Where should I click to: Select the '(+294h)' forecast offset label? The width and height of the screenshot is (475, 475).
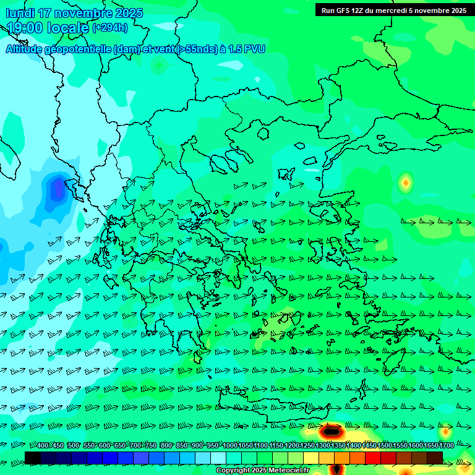[110, 28]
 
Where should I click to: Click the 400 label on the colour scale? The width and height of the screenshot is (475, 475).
[43, 446]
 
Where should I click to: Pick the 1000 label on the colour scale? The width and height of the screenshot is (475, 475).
[230, 446]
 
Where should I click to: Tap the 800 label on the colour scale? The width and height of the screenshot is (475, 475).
[166, 446]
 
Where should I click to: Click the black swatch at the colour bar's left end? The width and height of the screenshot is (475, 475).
[33, 457]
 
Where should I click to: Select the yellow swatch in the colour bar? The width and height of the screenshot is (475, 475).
[311, 457]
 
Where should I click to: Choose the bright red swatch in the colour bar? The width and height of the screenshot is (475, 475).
[373, 457]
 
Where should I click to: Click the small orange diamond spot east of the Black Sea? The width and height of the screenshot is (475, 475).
[406, 182]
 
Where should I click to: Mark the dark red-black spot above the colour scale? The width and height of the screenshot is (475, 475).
[332, 430]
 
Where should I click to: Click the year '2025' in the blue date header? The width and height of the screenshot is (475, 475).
[129, 14]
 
